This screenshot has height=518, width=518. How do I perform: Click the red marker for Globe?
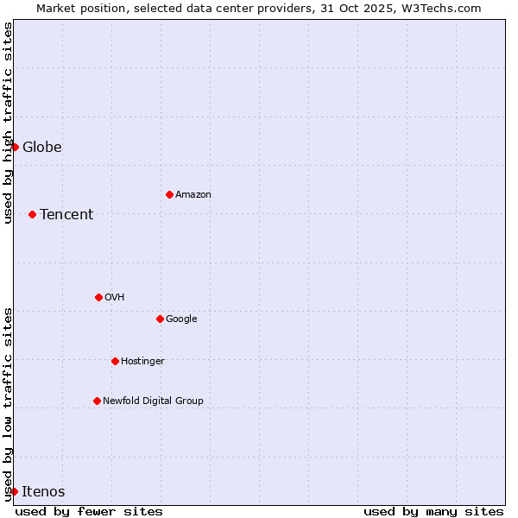[15, 147]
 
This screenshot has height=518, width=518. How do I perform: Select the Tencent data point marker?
[32, 214]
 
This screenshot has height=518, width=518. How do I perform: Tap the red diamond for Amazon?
[169, 194]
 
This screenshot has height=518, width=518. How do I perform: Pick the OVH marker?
[98, 297]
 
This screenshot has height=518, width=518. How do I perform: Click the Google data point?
[160, 319]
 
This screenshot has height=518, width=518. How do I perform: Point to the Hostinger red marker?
[115, 361]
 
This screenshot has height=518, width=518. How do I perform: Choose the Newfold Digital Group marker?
[97, 401]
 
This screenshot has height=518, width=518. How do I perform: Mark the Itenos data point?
[14, 491]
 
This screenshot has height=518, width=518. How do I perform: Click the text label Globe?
[42, 147]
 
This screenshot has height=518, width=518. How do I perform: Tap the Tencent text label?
[66, 214]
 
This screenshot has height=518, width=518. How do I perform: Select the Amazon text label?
[193, 194]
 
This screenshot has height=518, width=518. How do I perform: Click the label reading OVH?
[115, 297]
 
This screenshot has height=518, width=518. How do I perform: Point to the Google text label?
[181, 319]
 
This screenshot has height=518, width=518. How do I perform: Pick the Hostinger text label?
[142, 361]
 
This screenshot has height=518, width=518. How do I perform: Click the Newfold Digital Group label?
[153, 401]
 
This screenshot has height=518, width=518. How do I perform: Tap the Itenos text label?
[43, 491]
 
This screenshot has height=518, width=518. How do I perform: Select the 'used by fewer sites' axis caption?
[89, 511]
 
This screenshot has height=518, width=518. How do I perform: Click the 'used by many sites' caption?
[433, 511]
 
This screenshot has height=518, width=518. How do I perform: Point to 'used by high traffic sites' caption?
[8, 123]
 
